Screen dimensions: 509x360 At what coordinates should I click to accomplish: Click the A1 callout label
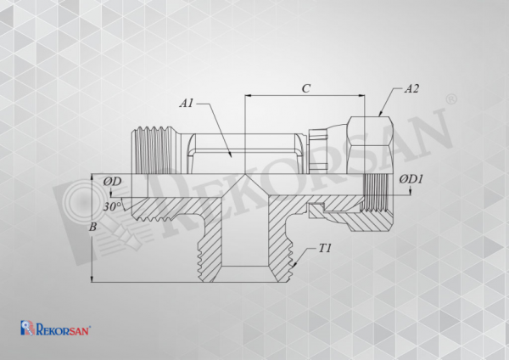187,104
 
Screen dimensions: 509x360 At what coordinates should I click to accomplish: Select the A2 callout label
411,88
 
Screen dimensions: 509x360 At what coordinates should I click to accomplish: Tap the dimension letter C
305,88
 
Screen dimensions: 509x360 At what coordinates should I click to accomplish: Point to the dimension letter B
92,227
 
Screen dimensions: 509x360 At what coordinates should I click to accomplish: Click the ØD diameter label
112,182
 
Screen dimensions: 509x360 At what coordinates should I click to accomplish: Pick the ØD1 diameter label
411,179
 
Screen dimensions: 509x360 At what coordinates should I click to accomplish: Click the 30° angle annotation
112,206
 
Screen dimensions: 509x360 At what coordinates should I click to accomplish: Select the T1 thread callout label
325,249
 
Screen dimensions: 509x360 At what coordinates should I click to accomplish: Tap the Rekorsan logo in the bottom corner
55,328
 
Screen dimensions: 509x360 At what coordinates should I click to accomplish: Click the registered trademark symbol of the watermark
452,99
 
